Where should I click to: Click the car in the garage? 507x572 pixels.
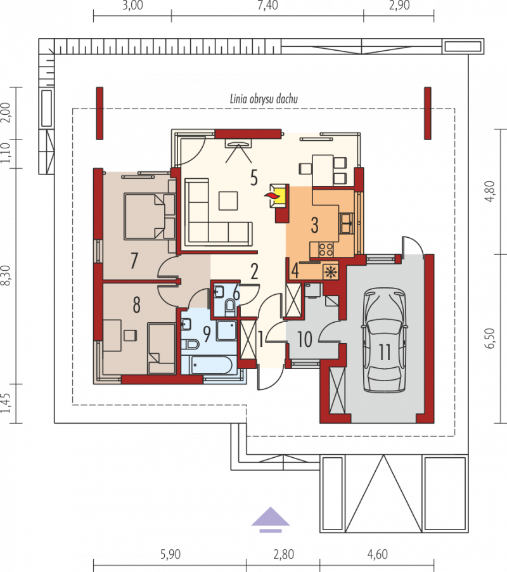point(383,341)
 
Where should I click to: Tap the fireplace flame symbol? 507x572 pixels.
point(271,196)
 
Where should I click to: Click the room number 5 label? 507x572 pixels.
point(254,178)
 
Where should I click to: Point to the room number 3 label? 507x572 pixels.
point(314,225)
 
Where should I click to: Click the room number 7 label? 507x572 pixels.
point(134,261)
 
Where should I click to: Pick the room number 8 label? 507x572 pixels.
point(136,305)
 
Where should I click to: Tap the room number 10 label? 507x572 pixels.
point(305,339)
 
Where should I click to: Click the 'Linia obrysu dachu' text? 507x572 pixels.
point(264,99)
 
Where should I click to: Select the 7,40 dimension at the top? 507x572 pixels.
point(267,6)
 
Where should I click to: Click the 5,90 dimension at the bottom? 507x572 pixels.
point(170,554)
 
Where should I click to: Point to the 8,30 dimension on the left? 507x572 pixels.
point(6,275)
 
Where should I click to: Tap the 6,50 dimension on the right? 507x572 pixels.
point(491,338)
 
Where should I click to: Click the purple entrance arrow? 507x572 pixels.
point(270,519)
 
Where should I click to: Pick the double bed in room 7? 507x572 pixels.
point(149,216)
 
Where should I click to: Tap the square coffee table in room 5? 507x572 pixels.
point(228,200)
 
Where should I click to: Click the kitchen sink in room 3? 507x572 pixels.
point(346,223)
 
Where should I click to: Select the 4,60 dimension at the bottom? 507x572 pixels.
point(377,554)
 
